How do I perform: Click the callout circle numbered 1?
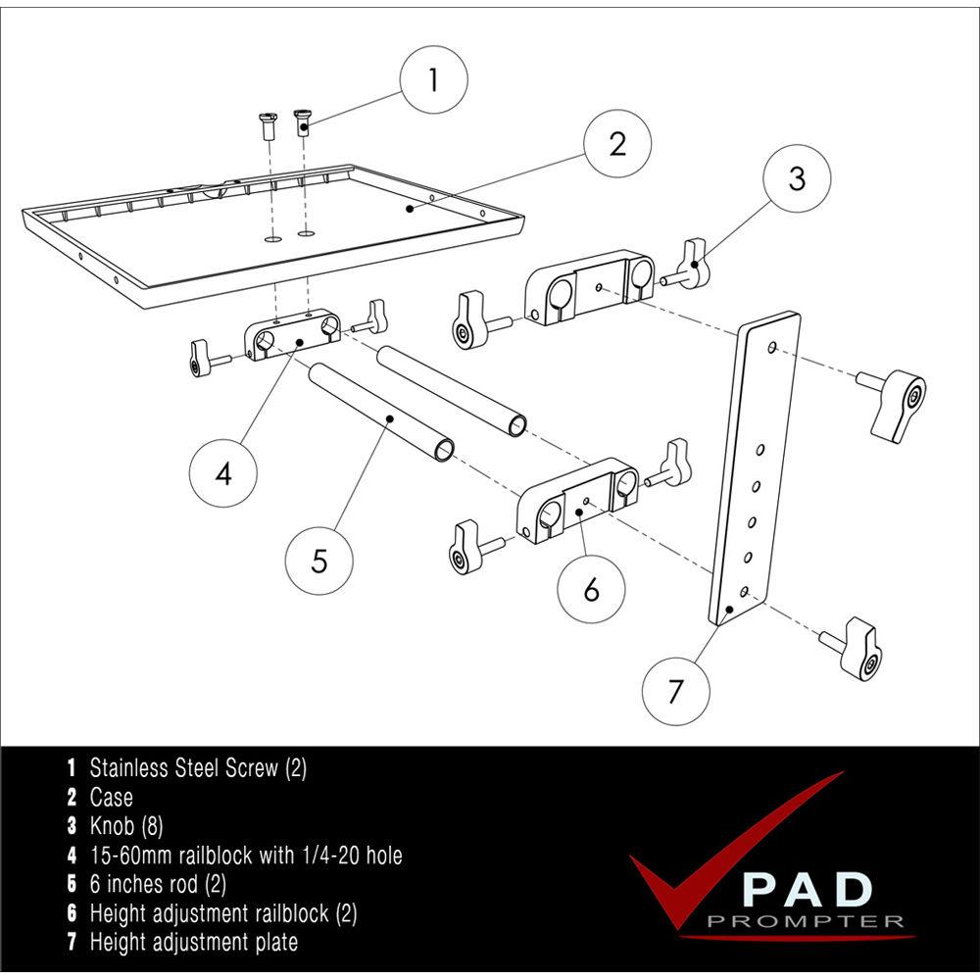(434, 80)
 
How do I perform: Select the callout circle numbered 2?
(617, 143)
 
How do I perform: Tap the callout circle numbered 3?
(797, 178)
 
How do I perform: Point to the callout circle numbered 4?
(223, 474)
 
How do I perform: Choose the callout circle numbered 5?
(319, 562)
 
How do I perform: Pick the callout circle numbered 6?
(591, 589)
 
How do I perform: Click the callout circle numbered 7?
(675, 692)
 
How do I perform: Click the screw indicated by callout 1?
(304, 123)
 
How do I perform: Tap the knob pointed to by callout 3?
(692, 266)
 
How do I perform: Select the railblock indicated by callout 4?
(292, 337)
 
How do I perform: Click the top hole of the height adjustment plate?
(772, 348)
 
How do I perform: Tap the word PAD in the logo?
(806, 890)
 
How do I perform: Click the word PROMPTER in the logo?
(805, 921)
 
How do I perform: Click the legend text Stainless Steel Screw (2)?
(197, 767)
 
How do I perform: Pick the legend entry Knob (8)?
(125, 826)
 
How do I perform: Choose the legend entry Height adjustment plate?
(193, 943)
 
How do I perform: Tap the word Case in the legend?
(111, 797)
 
